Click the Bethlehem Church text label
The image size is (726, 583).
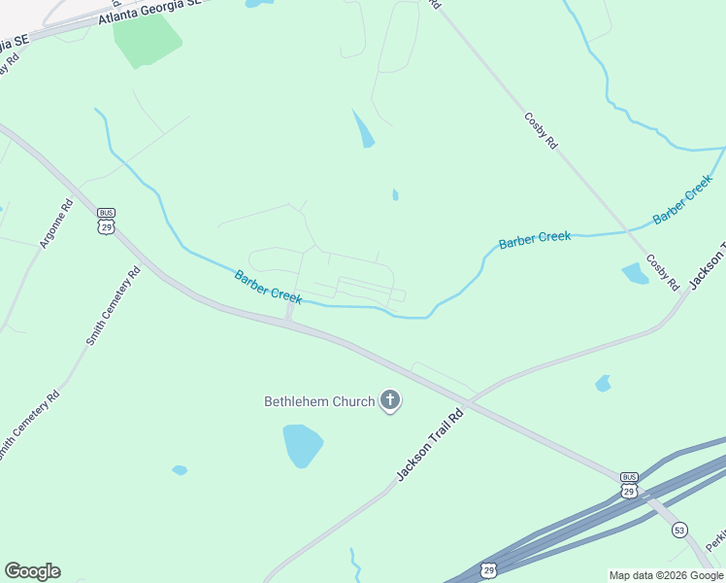(319, 401)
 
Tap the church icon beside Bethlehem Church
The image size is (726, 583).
(390, 399)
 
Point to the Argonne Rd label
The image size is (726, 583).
(54, 224)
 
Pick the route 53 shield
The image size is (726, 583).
(680, 529)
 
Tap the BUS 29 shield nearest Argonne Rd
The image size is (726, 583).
(105, 221)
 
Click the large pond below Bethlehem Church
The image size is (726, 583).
(302, 445)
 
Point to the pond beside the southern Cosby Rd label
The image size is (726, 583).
(635, 274)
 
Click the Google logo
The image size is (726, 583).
(32, 571)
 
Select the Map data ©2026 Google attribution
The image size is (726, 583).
(666, 575)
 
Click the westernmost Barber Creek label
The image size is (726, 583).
(268, 288)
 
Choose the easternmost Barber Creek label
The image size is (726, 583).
(683, 200)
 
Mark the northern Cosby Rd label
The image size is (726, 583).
(542, 129)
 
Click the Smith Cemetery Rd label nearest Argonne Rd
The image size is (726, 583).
(113, 307)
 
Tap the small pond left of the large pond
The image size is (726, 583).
(180, 470)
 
